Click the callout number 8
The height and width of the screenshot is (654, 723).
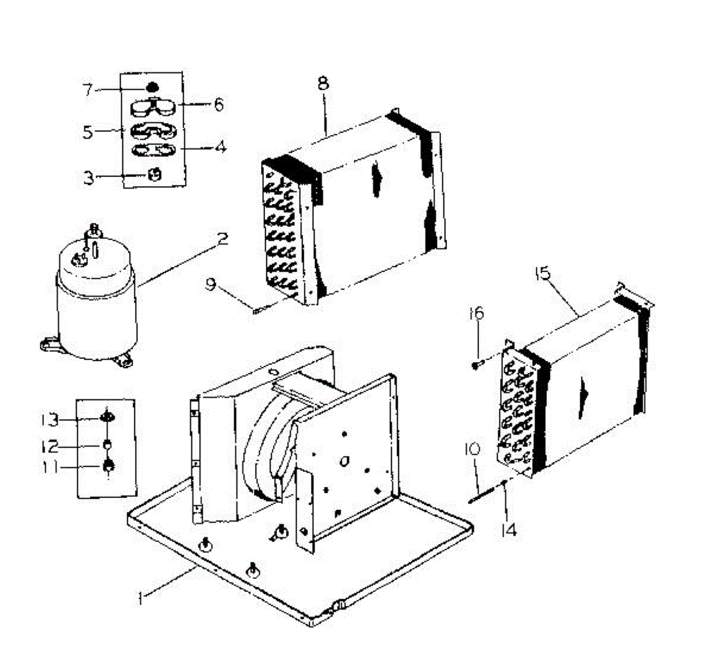(324, 83)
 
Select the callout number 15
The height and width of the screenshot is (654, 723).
(542, 274)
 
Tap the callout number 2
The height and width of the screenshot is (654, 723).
(222, 240)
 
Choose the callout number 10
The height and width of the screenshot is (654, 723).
(472, 449)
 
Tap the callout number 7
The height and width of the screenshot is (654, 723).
(88, 90)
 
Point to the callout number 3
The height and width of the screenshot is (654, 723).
(89, 178)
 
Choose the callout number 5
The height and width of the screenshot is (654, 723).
(88, 132)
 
